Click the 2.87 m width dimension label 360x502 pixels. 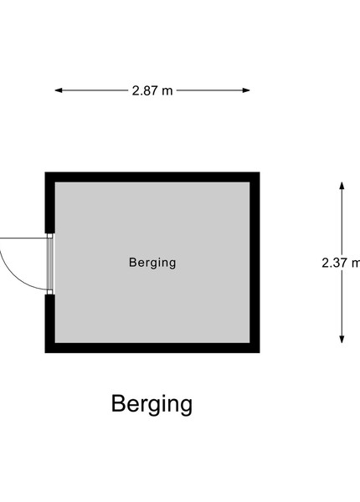click(x=152, y=90)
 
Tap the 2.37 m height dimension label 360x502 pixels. click(x=341, y=263)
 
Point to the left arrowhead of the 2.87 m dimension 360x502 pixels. click(x=59, y=90)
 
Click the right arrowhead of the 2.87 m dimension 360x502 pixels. click(x=246, y=90)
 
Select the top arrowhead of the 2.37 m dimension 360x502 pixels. click(x=342, y=186)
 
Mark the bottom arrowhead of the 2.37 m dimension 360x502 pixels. click(x=342, y=340)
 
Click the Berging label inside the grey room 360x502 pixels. click(x=152, y=263)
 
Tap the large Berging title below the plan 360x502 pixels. click(x=152, y=404)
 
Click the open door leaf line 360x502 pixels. click(x=23, y=238)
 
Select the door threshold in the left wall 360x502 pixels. click(x=50, y=264)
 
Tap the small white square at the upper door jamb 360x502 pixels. click(x=49, y=236)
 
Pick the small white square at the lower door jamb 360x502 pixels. click(x=49, y=292)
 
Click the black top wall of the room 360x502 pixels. click(x=152, y=177)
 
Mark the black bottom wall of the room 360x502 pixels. click(x=152, y=348)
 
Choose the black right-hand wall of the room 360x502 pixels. click(x=255, y=263)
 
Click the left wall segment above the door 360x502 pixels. click(x=49, y=202)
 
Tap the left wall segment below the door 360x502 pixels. click(x=49, y=324)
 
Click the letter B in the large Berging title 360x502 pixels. click(x=118, y=403)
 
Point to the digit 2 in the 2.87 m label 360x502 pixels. click(x=135, y=90)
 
